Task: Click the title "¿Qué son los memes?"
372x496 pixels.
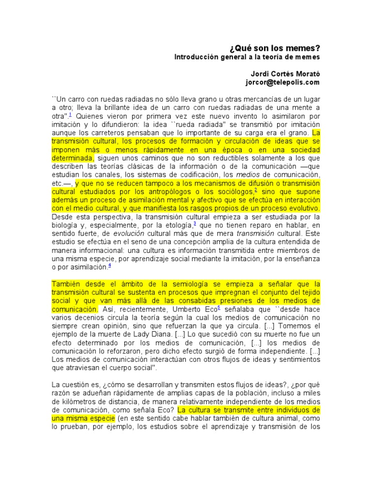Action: tap(275, 48)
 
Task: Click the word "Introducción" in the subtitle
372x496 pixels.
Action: tap(198, 57)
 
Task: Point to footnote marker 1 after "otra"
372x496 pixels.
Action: tap(70, 114)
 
